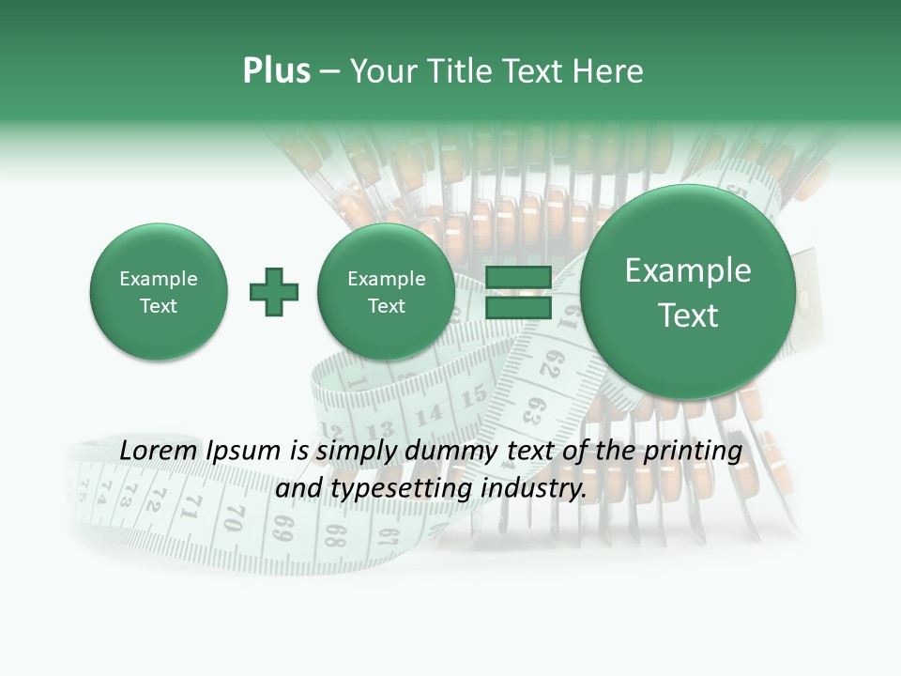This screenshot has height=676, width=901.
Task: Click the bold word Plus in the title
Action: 276,71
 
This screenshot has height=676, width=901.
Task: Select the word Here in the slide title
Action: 609,71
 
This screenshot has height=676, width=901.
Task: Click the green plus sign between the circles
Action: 274,292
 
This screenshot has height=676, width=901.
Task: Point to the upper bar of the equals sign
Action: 517,278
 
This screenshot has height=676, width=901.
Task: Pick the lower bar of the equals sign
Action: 517,308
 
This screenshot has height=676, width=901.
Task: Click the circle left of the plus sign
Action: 159,292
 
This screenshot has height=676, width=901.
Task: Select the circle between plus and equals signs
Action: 387,292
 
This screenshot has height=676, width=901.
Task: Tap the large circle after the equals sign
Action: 688,292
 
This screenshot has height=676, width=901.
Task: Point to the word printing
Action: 695,451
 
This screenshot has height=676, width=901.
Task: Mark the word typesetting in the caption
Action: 396,488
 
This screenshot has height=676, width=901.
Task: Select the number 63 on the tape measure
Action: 534,410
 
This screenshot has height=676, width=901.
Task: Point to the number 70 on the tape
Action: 235,517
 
